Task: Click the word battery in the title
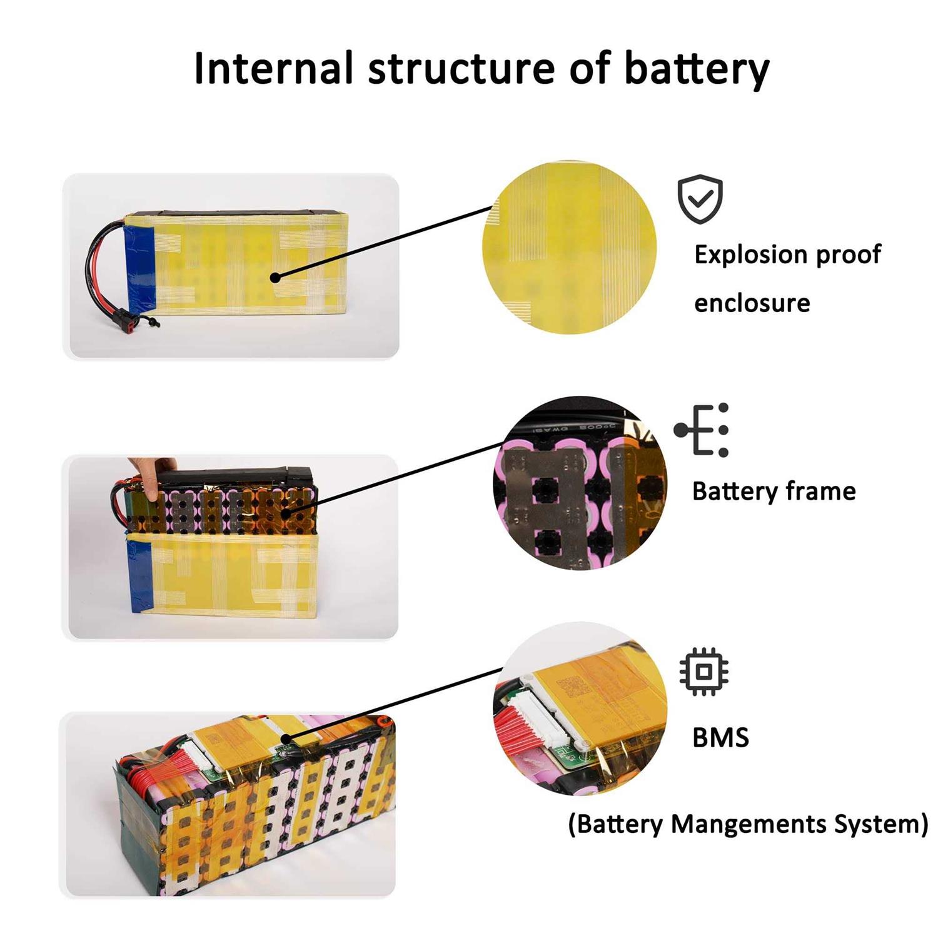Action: pyautogui.click(x=696, y=69)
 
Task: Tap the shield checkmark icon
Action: pyautogui.click(x=700, y=199)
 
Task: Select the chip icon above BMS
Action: pyautogui.click(x=703, y=672)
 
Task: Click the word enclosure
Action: pyautogui.click(x=752, y=303)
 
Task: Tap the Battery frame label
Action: pyautogui.click(x=774, y=492)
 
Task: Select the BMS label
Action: pyautogui.click(x=720, y=738)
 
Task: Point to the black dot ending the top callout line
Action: pyautogui.click(x=275, y=276)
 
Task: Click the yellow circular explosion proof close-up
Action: pyautogui.click(x=569, y=248)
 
